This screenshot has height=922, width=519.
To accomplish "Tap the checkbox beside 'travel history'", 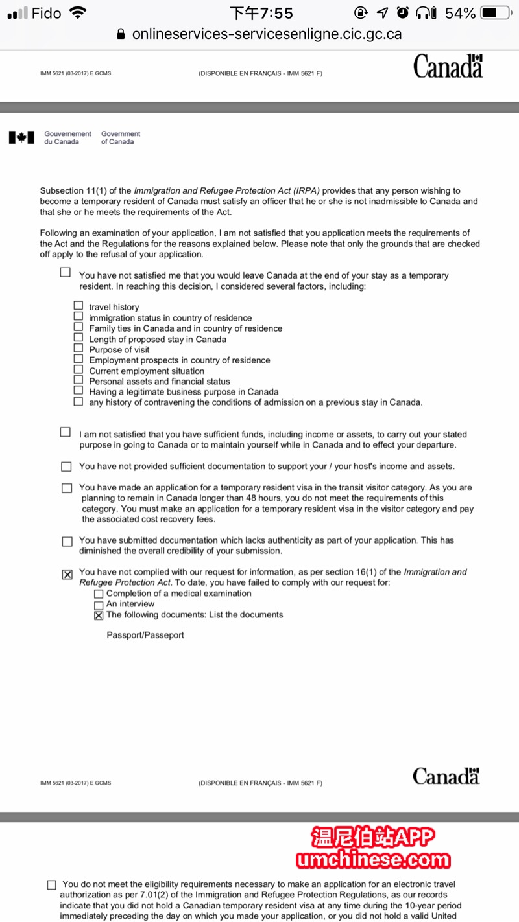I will coord(78,306).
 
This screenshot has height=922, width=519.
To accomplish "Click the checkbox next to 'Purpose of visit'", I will coord(78,349).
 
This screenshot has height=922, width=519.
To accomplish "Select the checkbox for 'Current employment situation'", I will coord(78,370).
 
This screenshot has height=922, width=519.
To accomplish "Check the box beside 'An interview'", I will coord(99,605).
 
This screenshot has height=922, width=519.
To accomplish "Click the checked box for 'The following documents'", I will coord(99,615).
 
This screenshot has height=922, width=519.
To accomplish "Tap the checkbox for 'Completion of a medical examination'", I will coord(99,594).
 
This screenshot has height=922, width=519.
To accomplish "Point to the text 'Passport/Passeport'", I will coord(145,636).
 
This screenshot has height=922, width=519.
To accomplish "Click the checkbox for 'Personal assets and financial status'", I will coord(78,380).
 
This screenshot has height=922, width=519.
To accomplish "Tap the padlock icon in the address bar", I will coord(121,35).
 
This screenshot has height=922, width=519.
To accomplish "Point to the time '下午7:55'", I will coord(261,13).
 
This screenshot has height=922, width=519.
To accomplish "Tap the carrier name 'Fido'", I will coord(46,13).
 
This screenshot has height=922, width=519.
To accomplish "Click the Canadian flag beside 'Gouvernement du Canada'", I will coord(21,137).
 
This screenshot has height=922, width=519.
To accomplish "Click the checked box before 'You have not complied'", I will coord(67,575).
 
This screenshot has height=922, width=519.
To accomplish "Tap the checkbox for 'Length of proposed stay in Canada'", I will coord(78,338).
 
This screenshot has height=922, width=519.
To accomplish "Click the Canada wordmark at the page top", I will coord(448,66).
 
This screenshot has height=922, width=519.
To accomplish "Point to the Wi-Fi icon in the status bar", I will coord(78,13).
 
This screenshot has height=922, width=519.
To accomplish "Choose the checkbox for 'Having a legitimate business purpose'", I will coord(78,391).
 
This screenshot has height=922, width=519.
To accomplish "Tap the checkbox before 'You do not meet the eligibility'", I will coord(52,885).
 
